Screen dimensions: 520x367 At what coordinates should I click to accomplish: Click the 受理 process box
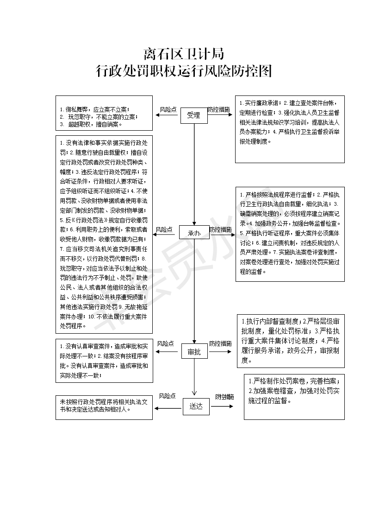tap(193, 115)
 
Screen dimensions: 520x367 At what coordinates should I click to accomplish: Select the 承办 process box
tap(194, 233)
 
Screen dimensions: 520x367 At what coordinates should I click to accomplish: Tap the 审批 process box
tap(194, 352)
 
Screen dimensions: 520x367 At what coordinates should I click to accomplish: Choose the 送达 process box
tap(196, 406)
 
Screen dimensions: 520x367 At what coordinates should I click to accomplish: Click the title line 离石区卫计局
tap(184, 54)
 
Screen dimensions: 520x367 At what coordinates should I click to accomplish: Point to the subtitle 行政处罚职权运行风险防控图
tap(184, 71)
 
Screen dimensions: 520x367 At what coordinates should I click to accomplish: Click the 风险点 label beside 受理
tap(168, 109)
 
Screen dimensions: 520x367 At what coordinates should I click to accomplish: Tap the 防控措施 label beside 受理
tap(219, 109)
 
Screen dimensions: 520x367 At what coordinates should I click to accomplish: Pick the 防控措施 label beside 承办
tap(220, 229)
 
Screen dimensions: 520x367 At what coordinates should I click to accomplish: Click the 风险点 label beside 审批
tap(165, 343)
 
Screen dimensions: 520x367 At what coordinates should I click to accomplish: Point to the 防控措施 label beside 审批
tap(220, 343)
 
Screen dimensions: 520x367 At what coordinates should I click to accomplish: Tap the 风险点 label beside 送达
tap(167, 396)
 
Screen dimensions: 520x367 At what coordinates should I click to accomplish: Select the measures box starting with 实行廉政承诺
tap(290, 129)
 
